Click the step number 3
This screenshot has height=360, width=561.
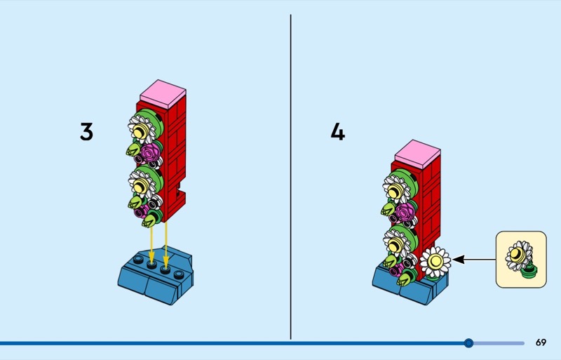pyautogui.click(x=86, y=132)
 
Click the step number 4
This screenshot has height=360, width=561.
pyautogui.click(x=338, y=132)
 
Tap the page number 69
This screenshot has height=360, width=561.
pyautogui.click(x=541, y=342)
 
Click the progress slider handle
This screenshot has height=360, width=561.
pyautogui.click(x=468, y=343)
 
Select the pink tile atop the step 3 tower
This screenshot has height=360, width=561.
pyautogui.click(x=163, y=94)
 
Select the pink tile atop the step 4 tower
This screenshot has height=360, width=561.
pyautogui.click(x=418, y=154)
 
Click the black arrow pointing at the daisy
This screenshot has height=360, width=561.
pyautogui.click(x=474, y=260)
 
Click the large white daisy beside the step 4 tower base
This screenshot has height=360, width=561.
pyautogui.click(x=435, y=262)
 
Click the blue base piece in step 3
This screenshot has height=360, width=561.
pyautogui.click(x=156, y=276)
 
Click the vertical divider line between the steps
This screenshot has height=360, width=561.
pyautogui.click(x=290, y=177)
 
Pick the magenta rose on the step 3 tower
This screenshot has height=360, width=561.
pyautogui.click(x=150, y=152)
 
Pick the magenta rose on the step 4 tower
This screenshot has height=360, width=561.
pyautogui.click(x=405, y=212)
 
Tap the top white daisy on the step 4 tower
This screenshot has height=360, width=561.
pyautogui.click(x=396, y=189)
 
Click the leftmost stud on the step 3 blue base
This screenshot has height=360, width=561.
pyautogui.click(x=138, y=260)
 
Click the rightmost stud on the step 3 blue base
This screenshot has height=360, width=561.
pyautogui.click(x=179, y=275)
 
